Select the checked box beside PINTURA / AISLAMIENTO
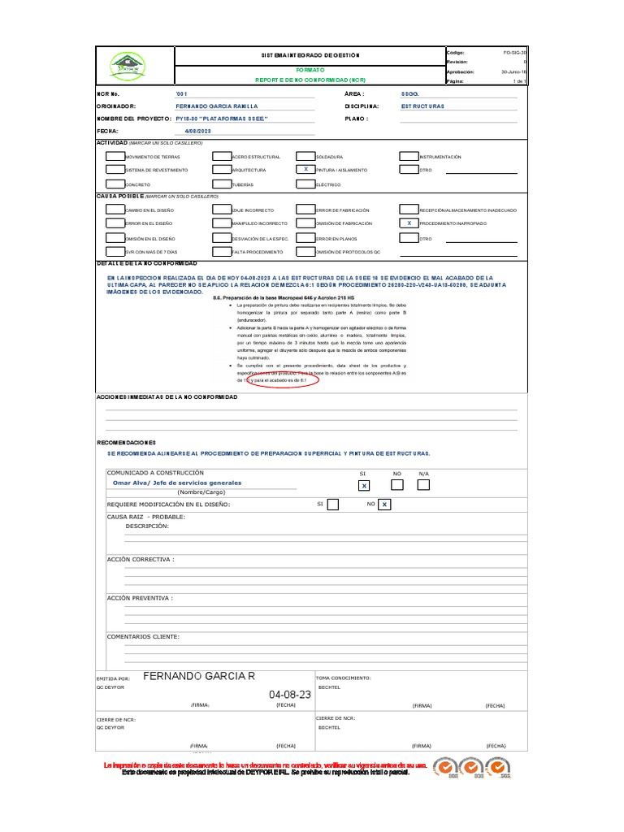[305, 170]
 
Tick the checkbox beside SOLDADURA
[305, 156]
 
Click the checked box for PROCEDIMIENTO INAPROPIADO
[409, 223]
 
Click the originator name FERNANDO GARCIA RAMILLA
[216, 106]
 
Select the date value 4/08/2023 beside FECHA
[197, 131]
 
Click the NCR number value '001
[181, 94]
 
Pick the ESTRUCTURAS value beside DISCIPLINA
[422, 106]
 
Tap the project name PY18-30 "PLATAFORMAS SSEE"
[221, 119]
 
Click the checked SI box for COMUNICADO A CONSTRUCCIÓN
[365, 485]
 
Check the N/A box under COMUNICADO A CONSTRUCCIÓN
[423, 485]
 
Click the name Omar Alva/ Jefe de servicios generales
[176, 483]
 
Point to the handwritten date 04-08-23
[289, 695]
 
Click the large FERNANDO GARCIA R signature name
[199, 676]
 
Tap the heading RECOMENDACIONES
[126, 443]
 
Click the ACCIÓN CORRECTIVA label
[141, 560]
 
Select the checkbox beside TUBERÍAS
[221, 184]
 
